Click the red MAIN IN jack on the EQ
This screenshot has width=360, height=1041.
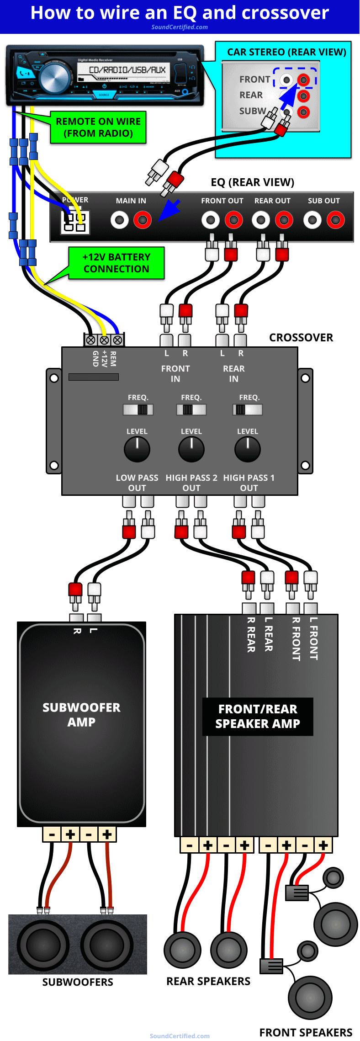tap(143, 220)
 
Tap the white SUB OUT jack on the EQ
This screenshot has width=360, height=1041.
tap(312, 220)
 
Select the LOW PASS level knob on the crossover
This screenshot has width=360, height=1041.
tap(137, 449)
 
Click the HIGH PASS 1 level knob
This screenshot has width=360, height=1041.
tap(248, 449)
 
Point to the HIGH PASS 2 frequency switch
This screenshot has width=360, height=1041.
tap(191, 409)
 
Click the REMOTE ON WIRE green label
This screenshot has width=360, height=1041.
tap(98, 127)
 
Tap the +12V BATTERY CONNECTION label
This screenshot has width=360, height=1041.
tap(116, 263)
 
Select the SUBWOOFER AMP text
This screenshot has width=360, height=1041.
tap(81, 715)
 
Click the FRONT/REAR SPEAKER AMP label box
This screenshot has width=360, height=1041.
tap(258, 717)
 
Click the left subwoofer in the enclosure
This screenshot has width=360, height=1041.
tap(43, 945)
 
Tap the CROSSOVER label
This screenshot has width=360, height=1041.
tap(301, 338)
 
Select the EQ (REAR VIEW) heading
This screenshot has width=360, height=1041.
tap(252, 182)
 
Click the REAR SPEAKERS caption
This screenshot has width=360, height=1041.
tap(208, 981)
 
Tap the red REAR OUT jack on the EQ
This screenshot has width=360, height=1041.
tap(284, 220)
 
